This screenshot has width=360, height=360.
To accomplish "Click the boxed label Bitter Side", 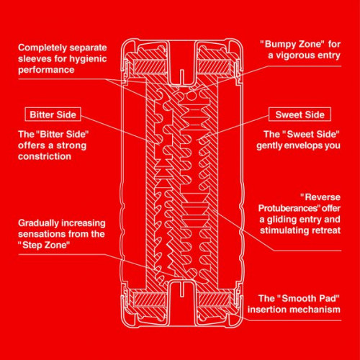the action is pyautogui.click(x=53, y=114).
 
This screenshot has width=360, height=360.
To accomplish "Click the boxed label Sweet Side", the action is pyautogui.click(x=300, y=114).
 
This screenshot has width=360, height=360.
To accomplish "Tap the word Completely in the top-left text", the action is pyautogui.click(x=40, y=48).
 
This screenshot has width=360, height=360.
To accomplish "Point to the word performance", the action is pyautogui.click(x=46, y=70).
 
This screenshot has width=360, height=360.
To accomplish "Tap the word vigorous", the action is pyautogui.click(x=295, y=55).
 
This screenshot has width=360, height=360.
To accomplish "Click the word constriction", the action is pyautogui.click(x=45, y=156).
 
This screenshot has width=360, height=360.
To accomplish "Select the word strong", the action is pyautogui.click(x=71, y=145).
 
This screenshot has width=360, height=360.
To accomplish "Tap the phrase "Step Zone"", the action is pyautogui.click(x=44, y=246).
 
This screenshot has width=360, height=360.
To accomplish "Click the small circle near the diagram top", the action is pyautogui.click(x=192, y=96).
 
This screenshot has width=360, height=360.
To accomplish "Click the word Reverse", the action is pyautogui.click(x=320, y=197).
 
